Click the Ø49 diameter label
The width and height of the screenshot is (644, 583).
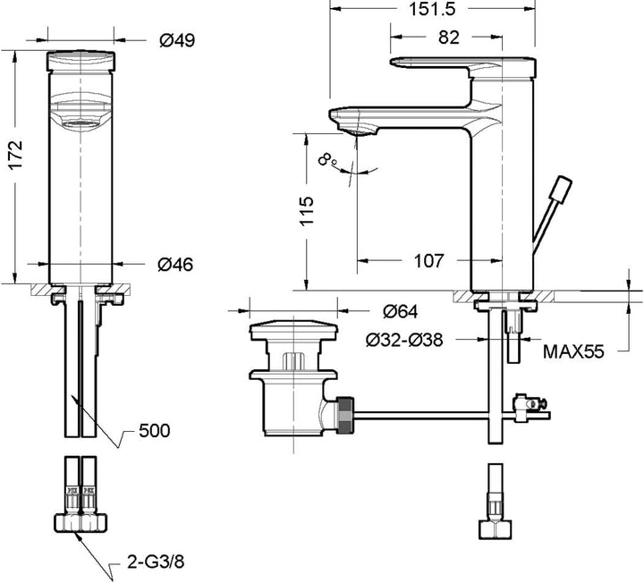tap(177, 40)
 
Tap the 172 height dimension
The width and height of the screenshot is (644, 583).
tap(16, 155)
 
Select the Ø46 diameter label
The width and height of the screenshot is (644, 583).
tap(175, 265)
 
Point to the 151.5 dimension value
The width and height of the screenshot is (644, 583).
tap(432, 8)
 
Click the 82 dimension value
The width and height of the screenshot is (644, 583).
tap(448, 38)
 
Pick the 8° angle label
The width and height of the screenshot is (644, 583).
tap(328, 159)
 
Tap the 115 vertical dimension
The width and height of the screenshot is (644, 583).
tap(307, 211)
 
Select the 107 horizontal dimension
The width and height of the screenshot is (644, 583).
tap(428, 261)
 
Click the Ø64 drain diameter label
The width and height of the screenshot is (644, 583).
tap(401, 311)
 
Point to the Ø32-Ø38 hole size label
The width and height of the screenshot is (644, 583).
tap(404, 340)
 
